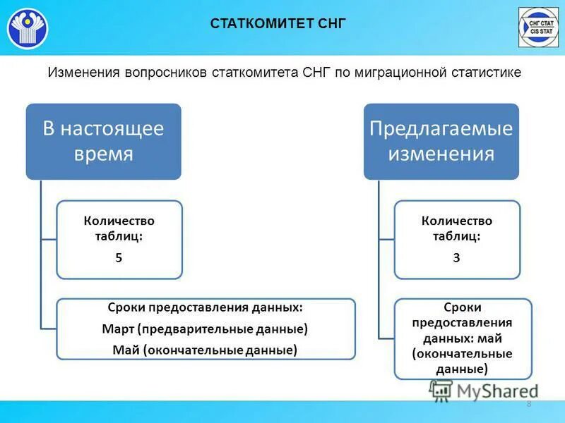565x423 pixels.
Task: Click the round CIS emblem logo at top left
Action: (x=28, y=27)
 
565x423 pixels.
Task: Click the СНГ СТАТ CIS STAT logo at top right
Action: (x=538, y=27)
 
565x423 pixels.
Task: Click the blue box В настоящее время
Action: (x=104, y=141)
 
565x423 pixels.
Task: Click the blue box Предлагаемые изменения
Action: (x=441, y=141)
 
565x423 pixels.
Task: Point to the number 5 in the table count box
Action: (x=119, y=257)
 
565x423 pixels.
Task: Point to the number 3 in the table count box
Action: (x=456, y=257)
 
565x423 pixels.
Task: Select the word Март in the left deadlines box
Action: (x=118, y=329)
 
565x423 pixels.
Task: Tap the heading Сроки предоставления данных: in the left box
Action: (x=206, y=308)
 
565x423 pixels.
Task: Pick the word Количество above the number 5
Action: (x=119, y=221)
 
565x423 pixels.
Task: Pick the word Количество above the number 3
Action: (x=456, y=221)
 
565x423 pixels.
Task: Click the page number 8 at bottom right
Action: (x=529, y=404)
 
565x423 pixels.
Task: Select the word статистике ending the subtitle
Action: (x=488, y=72)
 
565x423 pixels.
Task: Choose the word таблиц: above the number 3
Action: (x=456, y=237)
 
